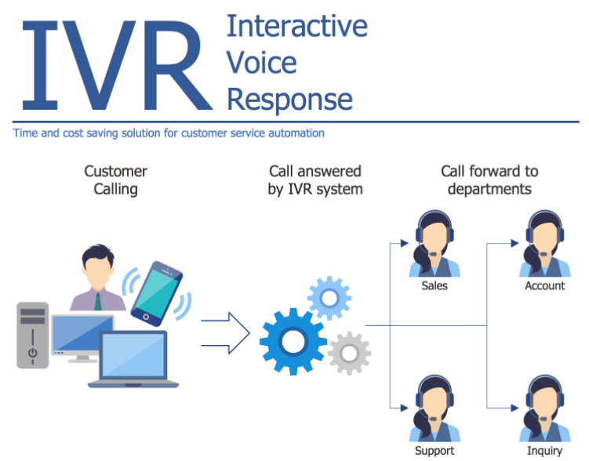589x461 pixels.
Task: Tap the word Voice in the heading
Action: coord(261,63)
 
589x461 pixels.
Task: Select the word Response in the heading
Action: coord(289,100)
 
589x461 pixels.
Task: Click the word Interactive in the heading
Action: coord(296,26)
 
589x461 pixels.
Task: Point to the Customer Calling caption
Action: coord(115,180)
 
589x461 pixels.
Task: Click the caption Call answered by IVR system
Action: coord(314,180)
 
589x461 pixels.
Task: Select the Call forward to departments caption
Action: coord(489,180)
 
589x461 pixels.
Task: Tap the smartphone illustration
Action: coord(157,292)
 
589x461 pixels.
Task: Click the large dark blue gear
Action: coord(293,340)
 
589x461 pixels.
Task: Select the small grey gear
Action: coord(349,353)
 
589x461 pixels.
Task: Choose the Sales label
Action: coord(434,286)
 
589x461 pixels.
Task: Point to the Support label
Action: coord(434,451)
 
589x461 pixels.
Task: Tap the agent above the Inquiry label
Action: coord(544,408)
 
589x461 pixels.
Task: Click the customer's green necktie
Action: coord(98,300)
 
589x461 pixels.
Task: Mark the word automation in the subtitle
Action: coord(295,133)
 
